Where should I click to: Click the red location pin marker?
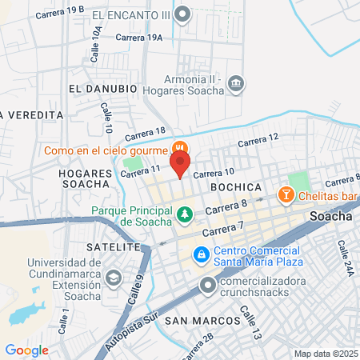180,164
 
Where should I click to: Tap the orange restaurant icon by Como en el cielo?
180,149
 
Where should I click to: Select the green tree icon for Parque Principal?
185,214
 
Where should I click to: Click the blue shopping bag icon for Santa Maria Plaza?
202,255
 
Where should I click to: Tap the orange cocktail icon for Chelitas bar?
284,194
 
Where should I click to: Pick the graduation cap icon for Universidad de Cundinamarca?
114,277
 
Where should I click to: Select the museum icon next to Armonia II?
235,82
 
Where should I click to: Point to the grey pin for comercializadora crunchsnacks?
208,283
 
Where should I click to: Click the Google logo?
26,350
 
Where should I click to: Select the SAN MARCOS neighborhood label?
202,321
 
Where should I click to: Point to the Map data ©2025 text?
325,354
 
